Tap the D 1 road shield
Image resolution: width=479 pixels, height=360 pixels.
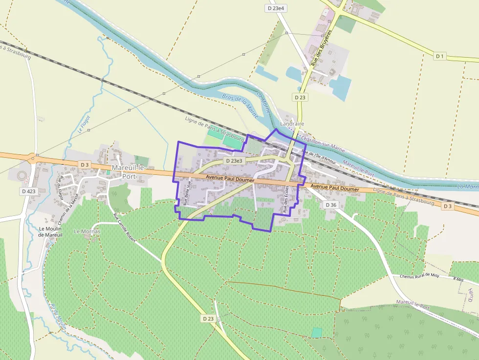click(x=440, y=56)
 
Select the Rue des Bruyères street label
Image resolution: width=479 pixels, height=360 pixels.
click(x=322, y=48)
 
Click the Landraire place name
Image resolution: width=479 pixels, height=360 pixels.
click(x=293, y=124)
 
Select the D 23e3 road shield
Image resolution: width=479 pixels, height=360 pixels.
click(x=234, y=161)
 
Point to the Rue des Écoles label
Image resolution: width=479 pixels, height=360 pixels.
click(x=286, y=199)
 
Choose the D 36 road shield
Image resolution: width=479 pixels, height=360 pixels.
click(x=331, y=205)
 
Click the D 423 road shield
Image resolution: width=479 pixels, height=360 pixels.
click(x=29, y=191)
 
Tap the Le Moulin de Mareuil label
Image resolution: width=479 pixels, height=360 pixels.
click(x=51, y=232)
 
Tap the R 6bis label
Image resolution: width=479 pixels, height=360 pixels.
click(x=457, y=279)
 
